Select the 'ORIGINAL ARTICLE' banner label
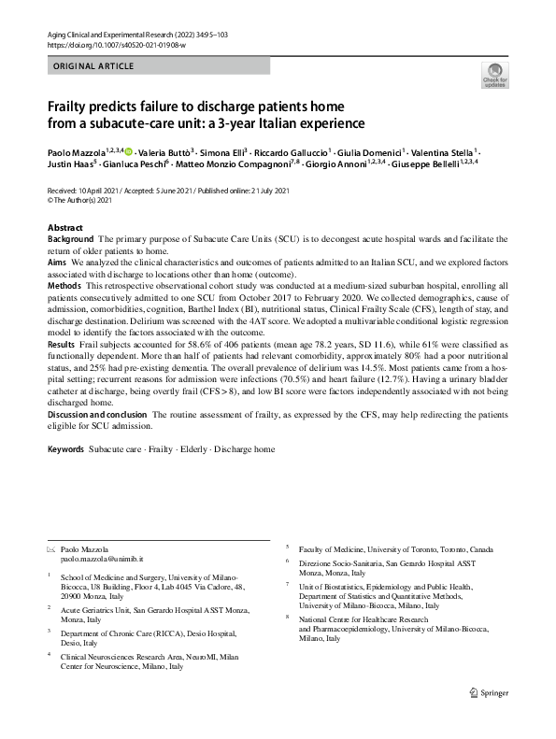click(93, 65)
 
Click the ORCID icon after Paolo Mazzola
click(128, 149)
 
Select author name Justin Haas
click(69, 163)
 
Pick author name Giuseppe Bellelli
click(425, 163)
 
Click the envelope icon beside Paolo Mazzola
click(50, 547)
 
